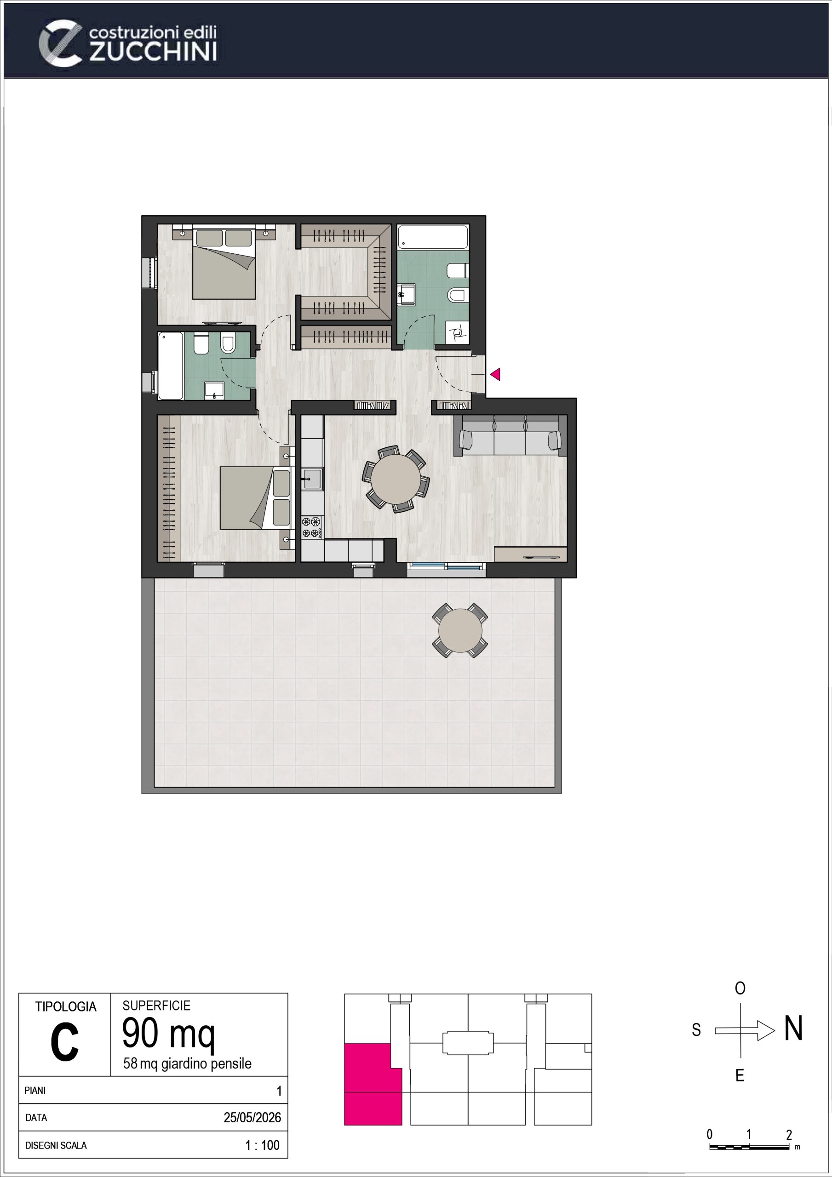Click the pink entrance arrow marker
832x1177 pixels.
(495, 374)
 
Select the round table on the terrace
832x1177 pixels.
(460, 630)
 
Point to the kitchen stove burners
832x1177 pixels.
(312, 527)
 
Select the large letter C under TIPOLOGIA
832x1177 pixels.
(65, 1043)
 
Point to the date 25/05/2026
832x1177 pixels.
(252, 1118)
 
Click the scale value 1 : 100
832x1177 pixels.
(263, 1145)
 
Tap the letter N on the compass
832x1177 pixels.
(793, 1028)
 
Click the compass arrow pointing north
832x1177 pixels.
(745, 1030)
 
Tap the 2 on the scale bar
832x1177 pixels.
(789, 1134)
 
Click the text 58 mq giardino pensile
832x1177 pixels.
(187, 1064)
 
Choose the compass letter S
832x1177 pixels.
(696, 1030)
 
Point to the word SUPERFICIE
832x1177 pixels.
(156, 1006)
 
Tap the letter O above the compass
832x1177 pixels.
(740, 988)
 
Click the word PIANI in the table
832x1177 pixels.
(35, 1091)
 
